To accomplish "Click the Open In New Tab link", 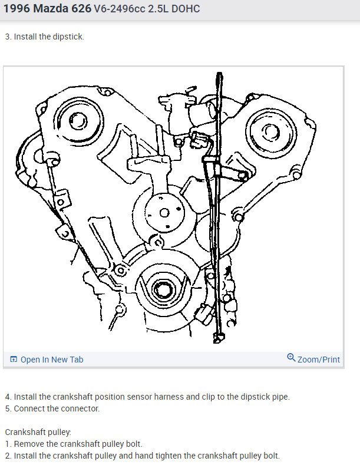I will [x=52, y=360].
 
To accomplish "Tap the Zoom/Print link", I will [x=319, y=359].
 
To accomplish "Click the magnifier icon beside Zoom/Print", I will [x=291, y=358].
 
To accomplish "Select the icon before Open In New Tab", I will [x=14, y=360].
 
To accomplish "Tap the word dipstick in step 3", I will [x=69, y=37].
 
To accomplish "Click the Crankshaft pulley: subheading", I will [x=38, y=432].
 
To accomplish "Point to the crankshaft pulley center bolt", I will [x=161, y=290].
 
